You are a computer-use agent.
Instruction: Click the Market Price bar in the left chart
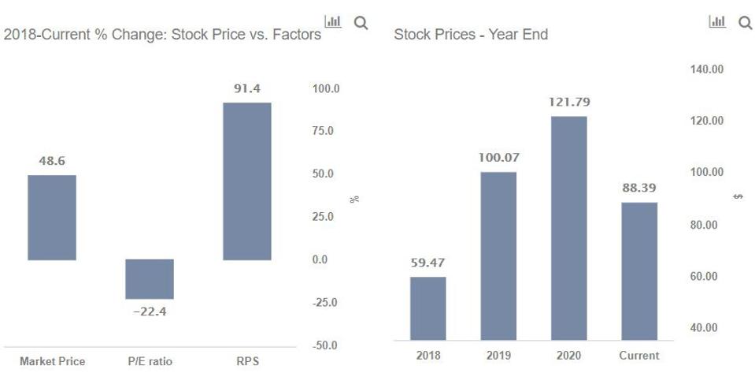click(x=52, y=217)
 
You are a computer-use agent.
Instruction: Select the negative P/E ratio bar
click(x=150, y=279)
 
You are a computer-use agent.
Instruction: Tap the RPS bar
click(x=246, y=181)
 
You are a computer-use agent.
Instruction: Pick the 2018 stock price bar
click(x=427, y=308)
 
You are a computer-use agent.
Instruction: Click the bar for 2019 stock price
click(x=498, y=256)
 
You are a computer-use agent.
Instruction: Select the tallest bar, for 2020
click(x=568, y=228)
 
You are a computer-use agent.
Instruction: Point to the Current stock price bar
click(x=638, y=270)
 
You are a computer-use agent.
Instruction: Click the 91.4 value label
click(x=246, y=89)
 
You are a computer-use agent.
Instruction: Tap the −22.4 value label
click(x=150, y=312)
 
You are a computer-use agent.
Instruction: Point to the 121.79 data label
click(x=568, y=103)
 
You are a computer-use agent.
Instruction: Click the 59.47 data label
click(x=427, y=263)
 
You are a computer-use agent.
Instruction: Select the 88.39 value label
click(x=638, y=188)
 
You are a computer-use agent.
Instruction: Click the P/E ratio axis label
click(x=150, y=361)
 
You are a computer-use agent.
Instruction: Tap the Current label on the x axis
click(x=638, y=356)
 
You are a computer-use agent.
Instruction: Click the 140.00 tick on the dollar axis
click(x=707, y=69)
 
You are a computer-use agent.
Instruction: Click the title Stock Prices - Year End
click(x=471, y=35)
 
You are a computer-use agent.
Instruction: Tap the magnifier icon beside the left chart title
click(x=361, y=23)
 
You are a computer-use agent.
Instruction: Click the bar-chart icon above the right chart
click(x=716, y=23)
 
